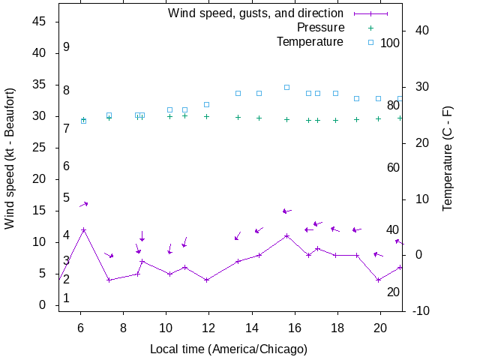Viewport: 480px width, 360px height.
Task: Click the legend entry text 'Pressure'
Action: [x=319, y=28]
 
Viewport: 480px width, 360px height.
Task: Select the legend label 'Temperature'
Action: [x=310, y=41]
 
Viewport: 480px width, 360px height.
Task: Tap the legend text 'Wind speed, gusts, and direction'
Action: [x=255, y=13]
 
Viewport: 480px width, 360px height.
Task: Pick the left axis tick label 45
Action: [x=40, y=22]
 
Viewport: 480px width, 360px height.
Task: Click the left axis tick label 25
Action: [x=40, y=148]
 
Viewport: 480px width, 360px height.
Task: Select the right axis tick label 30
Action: [x=419, y=86]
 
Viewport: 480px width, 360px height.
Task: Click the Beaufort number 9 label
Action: [x=67, y=47]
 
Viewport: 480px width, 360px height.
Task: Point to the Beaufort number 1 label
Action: [x=67, y=298]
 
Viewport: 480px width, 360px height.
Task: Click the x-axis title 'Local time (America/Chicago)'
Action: [x=229, y=349]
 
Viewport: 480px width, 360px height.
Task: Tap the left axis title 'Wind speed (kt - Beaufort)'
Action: [x=10, y=166]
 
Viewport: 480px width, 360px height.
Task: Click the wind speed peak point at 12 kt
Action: [x=84, y=230]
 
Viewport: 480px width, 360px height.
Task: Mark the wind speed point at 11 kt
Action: [x=286, y=235]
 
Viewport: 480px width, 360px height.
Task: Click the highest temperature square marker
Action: [x=286, y=87]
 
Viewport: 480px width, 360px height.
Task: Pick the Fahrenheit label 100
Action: [x=390, y=43]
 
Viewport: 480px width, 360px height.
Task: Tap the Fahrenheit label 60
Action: [x=393, y=167]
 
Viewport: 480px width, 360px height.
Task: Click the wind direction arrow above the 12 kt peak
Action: [x=84, y=204]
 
